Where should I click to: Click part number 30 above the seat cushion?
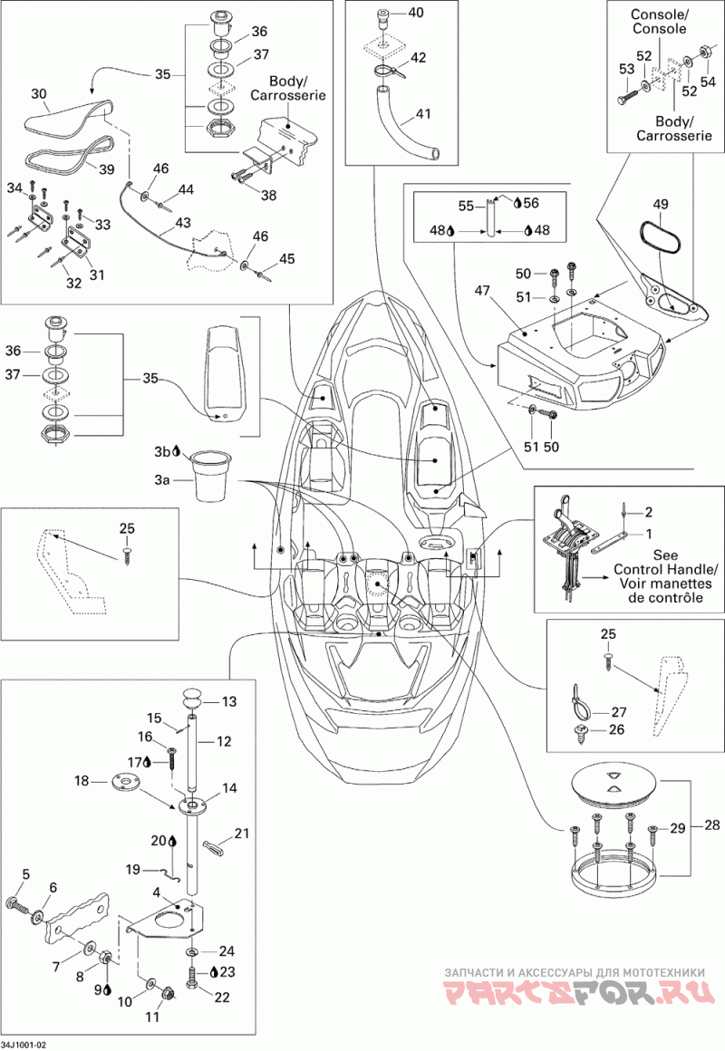click(x=39, y=94)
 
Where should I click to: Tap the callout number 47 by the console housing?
click(x=482, y=291)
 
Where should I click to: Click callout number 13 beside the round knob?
click(x=229, y=702)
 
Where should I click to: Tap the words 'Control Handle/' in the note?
click(x=664, y=570)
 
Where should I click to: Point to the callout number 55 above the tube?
click(x=466, y=206)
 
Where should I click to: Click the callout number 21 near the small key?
click(x=241, y=834)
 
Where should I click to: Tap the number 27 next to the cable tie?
click(x=618, y=712)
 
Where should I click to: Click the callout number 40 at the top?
click(x=416, y=12)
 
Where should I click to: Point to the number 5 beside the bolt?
click(x=26, y=873)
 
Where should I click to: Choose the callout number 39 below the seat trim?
click(x=107, y=169)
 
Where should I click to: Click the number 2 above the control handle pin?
click(x=649, y=512)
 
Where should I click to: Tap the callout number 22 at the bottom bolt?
click(x=222, y=998)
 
